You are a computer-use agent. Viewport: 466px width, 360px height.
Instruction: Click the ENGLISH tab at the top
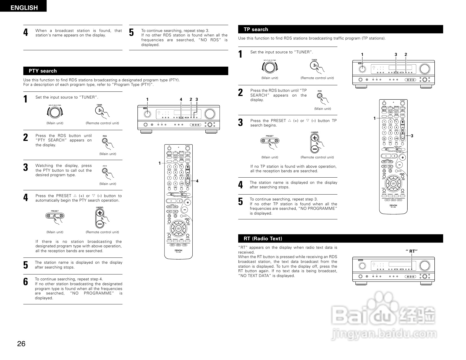[x=24, y=8]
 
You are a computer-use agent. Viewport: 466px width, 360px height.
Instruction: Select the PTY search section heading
[x=43, y=71]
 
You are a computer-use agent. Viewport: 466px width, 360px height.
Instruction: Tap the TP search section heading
[x=256, y=29]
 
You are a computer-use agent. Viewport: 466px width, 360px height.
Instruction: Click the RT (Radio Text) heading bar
[x=263, y=239]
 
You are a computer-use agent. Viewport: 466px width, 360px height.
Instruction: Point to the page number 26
[x=21, y=344]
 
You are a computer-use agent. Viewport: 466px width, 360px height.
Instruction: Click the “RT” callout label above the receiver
[x=412, y=251]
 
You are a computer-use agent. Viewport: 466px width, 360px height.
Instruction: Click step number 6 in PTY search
[x=26, y=282]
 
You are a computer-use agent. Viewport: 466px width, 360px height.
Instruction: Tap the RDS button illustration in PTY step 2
[x=105, y=141]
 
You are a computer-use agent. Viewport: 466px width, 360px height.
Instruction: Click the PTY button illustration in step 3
[x=105, y=171]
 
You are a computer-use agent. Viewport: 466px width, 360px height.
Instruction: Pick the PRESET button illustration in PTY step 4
[x=55, y=216]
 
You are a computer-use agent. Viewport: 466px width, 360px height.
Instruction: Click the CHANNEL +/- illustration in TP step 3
[x=315, y=143]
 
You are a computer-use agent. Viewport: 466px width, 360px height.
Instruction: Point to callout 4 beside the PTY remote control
[x=197, y=181]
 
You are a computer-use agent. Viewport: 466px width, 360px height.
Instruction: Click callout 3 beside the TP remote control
[x=412, y=136]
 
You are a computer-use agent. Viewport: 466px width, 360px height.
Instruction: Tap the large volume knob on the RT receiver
[x=424, y=265]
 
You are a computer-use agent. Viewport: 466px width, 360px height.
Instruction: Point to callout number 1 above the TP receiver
[x=362, y=54]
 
